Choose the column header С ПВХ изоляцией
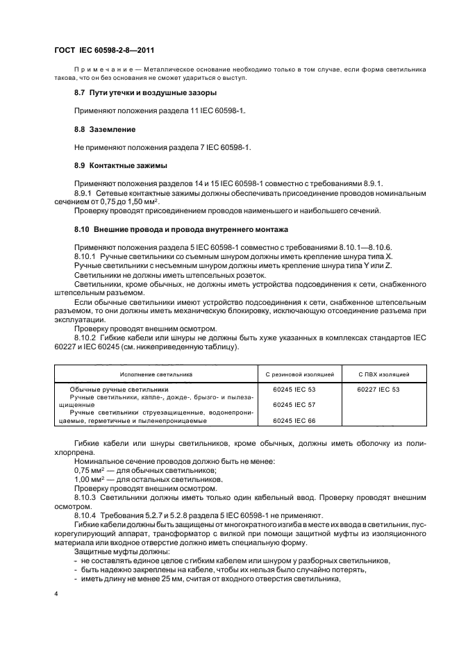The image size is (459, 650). (x=378, y=374)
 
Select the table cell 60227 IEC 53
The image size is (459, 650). (x=378, y=390)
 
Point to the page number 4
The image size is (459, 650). (x=55, y=594)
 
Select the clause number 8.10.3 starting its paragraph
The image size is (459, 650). (x=85, y=496)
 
